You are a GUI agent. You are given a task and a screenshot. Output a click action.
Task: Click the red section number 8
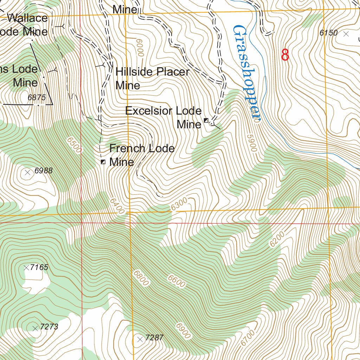click(285, 54)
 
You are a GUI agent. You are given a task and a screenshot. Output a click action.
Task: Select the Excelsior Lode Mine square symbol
click(206, 121)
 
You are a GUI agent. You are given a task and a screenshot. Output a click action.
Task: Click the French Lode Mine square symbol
click(103, 162)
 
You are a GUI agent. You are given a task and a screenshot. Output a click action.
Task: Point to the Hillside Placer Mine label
click(152, 78)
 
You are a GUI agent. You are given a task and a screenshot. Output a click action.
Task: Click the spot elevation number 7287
click(154, 338)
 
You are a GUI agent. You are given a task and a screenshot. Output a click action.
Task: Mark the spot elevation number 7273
click(49, 327)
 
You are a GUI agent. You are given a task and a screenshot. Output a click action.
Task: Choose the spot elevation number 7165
click(39, 267)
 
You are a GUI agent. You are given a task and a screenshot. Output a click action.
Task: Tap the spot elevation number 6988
click(44, 171)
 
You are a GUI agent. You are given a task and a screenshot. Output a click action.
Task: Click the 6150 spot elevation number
click(329, 33)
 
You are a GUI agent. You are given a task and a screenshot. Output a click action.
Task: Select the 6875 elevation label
click(37, 98)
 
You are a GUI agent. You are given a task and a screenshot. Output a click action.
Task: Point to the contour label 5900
click(251, 143)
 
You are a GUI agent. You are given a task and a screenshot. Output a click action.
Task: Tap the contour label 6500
click(74, 144)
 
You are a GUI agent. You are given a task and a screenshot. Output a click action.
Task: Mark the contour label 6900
click(184, 330)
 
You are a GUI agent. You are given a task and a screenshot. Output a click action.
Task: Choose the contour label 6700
click(247, 338)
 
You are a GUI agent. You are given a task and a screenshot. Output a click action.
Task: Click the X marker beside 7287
click(140, 339)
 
